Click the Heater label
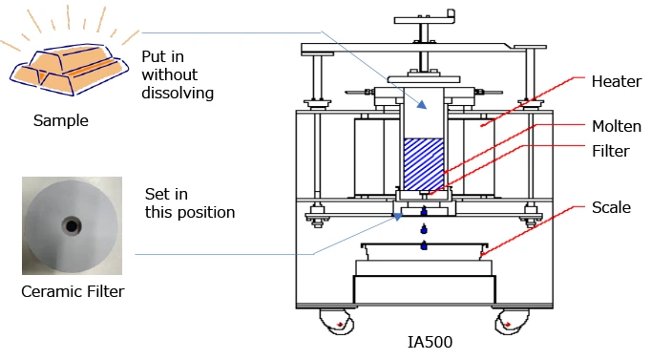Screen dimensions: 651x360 coord(616,81)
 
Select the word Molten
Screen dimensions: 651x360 coord(617,126)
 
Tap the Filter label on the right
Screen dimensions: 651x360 coord(611,151)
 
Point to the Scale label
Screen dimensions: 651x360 coord(611,207)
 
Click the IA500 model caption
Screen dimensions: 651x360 coord(430,342)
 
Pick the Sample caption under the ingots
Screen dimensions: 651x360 coord(61,121)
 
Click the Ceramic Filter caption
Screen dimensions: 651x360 coord(73,291)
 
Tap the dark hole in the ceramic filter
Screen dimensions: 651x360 coord(72,226)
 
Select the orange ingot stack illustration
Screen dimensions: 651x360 coord(69,69)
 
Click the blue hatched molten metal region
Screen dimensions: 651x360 coord(424,164)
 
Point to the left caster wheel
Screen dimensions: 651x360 coord(337,322)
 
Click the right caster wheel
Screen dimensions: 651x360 coord(513,322)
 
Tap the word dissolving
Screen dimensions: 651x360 coord(178,93)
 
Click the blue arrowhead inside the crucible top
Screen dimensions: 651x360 coord(422,105)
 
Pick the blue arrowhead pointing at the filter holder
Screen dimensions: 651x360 coord(398,217)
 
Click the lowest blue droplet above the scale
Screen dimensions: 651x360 coord(424,245)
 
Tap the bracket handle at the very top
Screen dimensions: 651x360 coord(425,19)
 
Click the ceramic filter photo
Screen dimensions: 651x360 coord(72,226)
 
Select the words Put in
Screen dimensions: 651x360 coord(162,57)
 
